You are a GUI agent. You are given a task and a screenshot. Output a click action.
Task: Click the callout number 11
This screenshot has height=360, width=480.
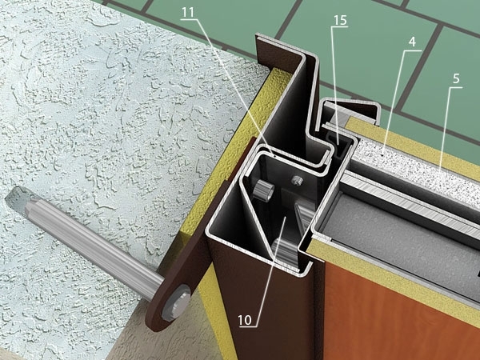[x=188, y=12]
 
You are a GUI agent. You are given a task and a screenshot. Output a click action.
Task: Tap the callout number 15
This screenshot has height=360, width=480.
[x=340, y=20]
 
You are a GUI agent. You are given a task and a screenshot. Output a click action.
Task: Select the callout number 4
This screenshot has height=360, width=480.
[x=412, y=42]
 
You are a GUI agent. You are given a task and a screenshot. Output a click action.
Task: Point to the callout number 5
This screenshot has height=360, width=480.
[x=456, y=78]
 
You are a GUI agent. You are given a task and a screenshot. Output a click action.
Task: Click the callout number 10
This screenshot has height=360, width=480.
[x=245, y=320]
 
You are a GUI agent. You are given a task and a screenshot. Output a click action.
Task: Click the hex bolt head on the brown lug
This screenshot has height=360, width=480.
[x=175, y=302]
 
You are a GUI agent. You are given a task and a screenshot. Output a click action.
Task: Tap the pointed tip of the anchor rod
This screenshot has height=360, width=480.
[x=6, y=199]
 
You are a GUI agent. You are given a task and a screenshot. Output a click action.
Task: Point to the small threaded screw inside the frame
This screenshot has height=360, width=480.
[x=295, y=180]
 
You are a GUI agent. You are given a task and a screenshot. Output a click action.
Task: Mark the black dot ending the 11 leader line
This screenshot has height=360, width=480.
[x=275, y=155]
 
